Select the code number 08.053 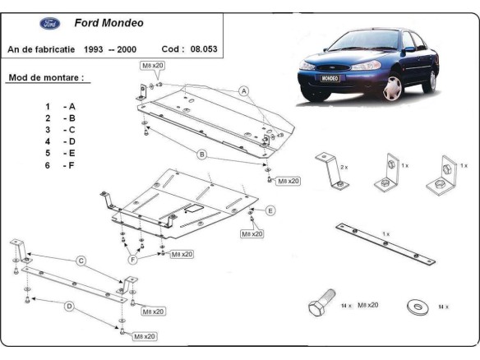pos(204,50)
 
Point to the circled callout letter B pos(201,154)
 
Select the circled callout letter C pos(81,261)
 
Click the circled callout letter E pos(270,210)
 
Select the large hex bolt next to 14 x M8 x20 pos(321,307)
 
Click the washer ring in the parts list pos(416,307)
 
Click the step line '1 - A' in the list pos(60,107)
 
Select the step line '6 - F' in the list pos(60,165)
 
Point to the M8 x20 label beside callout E pos(251,234)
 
